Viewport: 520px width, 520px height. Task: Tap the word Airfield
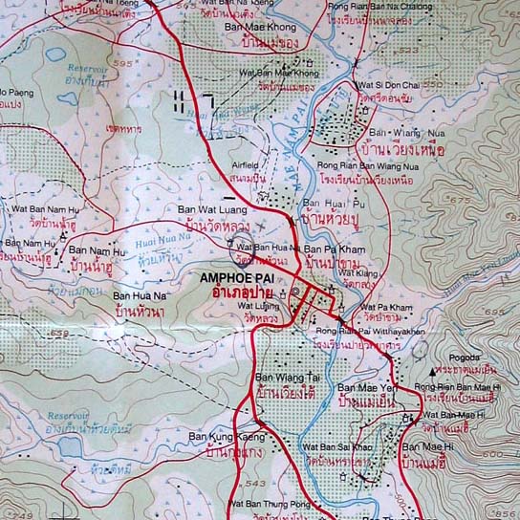[249, 164]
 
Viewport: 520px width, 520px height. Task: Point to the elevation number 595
[146, 64]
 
